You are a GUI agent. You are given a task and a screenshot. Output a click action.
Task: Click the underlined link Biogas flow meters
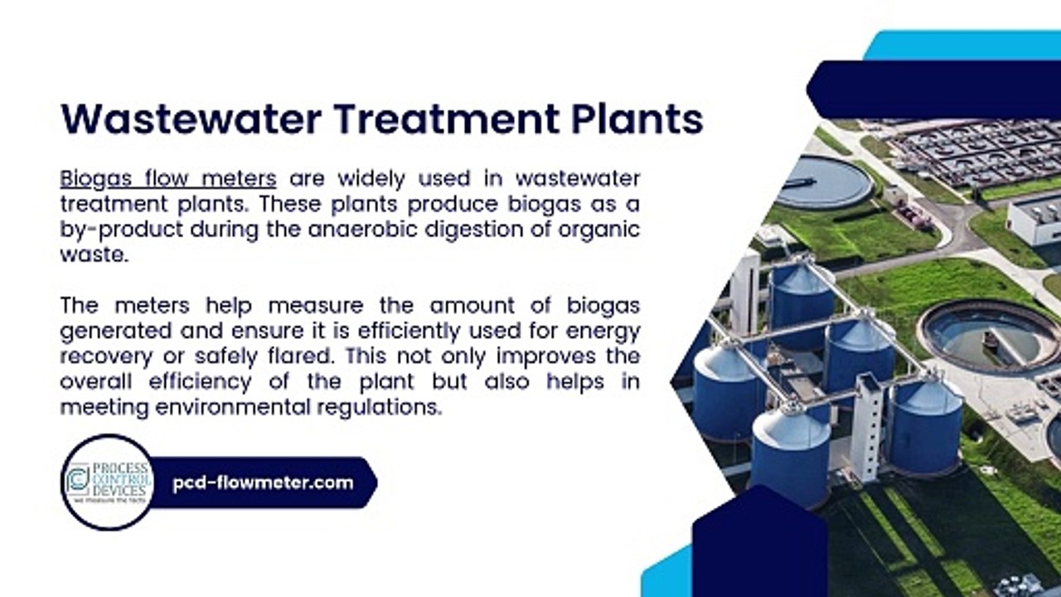[x=168, y=178]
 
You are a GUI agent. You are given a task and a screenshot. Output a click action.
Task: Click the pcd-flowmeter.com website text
[x=263, y=483]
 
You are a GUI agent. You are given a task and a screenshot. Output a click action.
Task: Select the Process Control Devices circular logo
[x=108, y=483]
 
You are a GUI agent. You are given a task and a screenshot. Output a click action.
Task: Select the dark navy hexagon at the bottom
[x=759, y=547]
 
